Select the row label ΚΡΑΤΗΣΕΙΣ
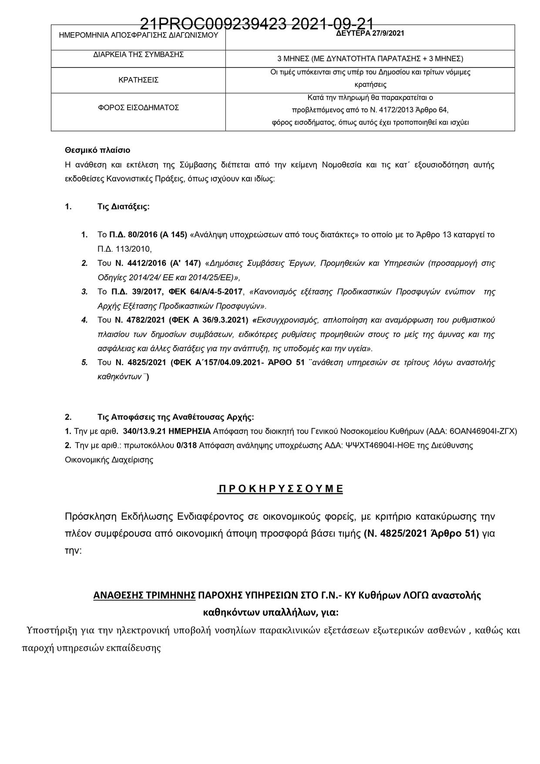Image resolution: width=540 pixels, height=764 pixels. coord(138,80)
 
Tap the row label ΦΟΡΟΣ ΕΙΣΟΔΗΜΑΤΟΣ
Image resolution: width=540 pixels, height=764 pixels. coord(138,108)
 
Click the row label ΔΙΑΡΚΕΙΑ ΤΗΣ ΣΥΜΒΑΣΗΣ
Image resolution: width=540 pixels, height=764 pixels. coord(138,54)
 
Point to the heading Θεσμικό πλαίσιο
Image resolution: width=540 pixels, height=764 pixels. coord(97,150)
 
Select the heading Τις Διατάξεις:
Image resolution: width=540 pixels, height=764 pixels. coord(124,207)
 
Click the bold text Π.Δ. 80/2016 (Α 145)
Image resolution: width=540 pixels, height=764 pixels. coord(148,235)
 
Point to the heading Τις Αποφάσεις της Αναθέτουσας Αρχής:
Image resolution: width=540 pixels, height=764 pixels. coord(176,417)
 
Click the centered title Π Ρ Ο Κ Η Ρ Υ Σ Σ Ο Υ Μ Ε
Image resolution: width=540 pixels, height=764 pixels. coord(280,488)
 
